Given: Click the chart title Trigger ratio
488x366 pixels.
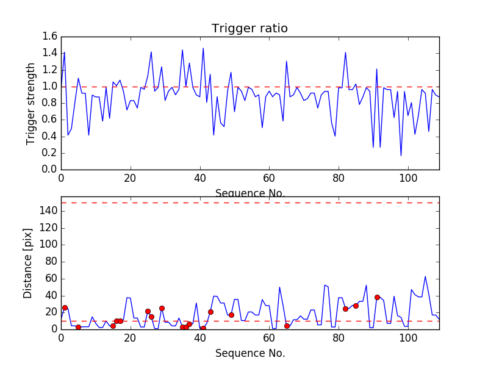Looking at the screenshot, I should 249,29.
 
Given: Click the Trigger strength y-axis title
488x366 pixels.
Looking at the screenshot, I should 31,103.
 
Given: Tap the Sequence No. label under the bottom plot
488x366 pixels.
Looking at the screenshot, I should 249,353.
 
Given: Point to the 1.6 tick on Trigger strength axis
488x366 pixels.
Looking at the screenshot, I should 50,37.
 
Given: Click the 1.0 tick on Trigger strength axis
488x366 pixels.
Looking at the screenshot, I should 50,87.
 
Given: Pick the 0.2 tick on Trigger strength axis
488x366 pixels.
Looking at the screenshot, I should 50,152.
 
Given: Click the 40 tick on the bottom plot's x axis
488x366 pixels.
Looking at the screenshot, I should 199,338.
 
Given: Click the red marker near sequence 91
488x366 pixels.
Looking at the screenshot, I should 377,297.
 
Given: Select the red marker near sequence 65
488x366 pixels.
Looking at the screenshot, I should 287,326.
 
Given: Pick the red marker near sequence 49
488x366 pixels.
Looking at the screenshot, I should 231,315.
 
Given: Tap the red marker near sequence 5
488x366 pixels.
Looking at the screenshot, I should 78,327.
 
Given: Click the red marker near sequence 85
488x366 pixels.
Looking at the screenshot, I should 356,306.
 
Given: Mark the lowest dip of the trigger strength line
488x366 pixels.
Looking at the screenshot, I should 401,156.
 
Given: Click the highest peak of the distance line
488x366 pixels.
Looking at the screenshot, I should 425,276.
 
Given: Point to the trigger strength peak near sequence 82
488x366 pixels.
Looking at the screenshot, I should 345,52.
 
